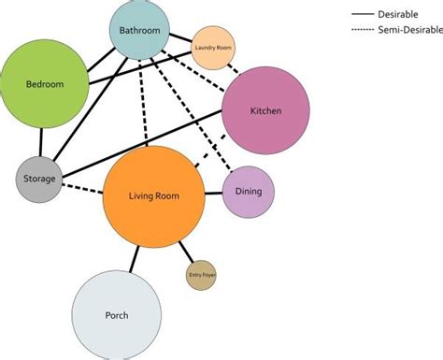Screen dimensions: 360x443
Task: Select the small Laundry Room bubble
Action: (x=212, y=48)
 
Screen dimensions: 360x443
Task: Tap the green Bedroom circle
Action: (x=45, y=84)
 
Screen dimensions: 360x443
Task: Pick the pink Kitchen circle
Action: (x=265, y=111)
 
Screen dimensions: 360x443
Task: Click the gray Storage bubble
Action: (x=39, y=178)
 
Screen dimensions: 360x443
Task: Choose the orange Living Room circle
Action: (x=153, y=196)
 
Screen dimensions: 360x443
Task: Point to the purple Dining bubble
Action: (x=249, y=192)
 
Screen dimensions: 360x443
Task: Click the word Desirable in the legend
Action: (x=402, y=16)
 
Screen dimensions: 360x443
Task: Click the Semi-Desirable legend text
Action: (x=409, y=31)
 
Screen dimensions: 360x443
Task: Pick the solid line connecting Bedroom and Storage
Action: (x=41, y=142)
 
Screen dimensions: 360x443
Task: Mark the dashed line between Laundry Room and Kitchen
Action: (x=233, y=68)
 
